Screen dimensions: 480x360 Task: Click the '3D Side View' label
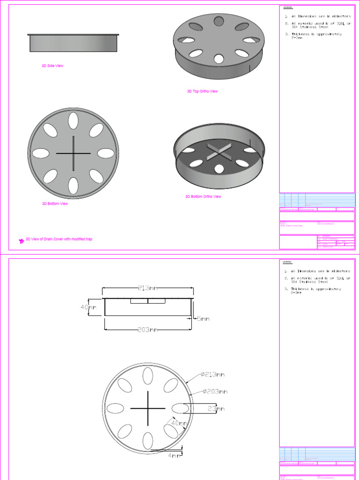point(52,66)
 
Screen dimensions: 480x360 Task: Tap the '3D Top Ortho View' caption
point(202,91)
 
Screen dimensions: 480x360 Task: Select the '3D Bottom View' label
point(55,204)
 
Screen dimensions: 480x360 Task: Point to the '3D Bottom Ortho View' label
point(203,197)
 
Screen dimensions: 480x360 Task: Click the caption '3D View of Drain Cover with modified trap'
point(59,239)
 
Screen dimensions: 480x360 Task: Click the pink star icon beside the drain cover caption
point(21,241)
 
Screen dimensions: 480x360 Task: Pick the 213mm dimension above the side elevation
point(148,288)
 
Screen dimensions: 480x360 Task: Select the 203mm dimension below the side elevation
point(148,330)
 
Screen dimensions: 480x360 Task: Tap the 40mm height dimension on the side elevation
point(88,307)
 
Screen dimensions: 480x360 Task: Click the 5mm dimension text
point(202,319)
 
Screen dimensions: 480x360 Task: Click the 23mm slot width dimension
point(216,409)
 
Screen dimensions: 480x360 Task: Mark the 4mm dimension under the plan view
point(174,455)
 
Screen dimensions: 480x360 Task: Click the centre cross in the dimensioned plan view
point(148,408)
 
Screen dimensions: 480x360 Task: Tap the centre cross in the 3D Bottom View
point(74,153)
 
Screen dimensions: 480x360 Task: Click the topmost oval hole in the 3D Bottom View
point(74,121)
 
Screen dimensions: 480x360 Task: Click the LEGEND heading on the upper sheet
point(287,8)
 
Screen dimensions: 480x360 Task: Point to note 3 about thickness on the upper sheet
point(316,36)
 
